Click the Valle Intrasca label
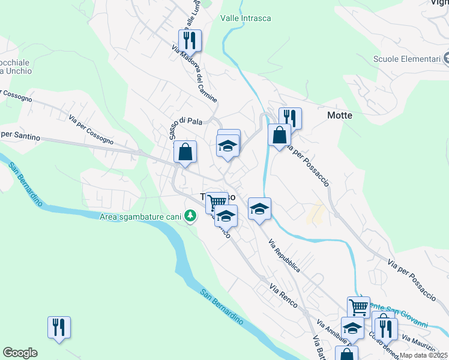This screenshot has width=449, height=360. [x=246, y=18]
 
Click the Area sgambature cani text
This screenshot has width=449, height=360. [x=141, y=215]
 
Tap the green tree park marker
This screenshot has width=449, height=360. [x=190, y=215]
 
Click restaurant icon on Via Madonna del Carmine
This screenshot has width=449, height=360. [x=190, y=41]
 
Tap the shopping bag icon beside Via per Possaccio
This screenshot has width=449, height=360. [x=279, y=134]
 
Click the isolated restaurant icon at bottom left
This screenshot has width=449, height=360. [x=59, y=328]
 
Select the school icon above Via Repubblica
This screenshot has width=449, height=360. [x=259, y=209]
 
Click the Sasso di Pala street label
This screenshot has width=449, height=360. [x=185, y=121]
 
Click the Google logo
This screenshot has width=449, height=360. [x=20, y=352]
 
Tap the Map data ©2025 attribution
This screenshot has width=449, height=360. [x=423, y=355]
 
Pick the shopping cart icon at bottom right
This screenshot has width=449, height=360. [x=358, y=307]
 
